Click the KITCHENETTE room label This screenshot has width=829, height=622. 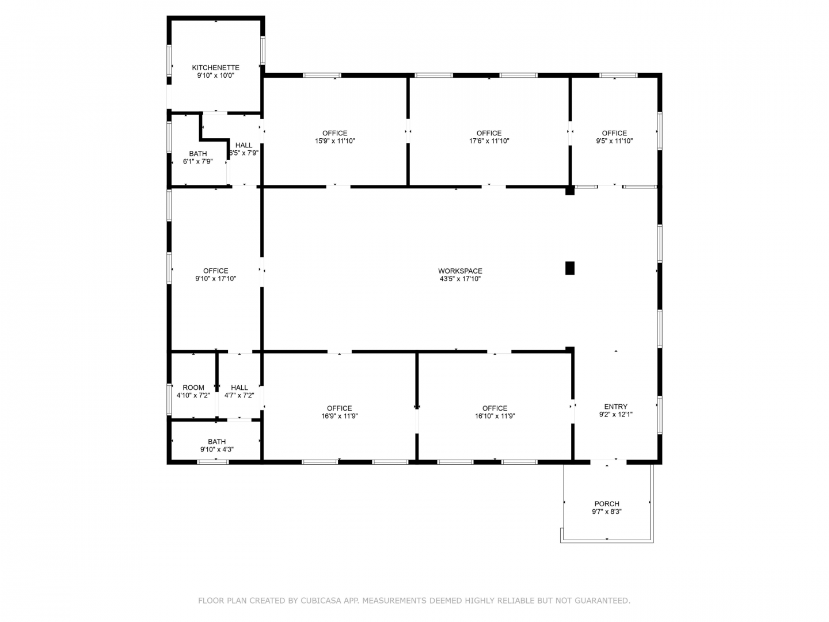215,67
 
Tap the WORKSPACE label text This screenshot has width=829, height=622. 459,271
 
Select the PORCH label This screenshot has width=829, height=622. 607,503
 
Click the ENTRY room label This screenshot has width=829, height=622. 615,407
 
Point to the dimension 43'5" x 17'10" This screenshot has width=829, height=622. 459,279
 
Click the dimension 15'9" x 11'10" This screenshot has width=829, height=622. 334,141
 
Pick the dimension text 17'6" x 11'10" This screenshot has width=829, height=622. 489,141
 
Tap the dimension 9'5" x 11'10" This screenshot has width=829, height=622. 614,141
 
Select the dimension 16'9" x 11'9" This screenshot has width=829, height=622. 339,416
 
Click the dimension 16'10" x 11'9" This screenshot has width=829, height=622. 495,416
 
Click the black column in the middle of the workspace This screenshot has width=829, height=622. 569,268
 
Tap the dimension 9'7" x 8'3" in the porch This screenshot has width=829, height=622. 607,511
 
